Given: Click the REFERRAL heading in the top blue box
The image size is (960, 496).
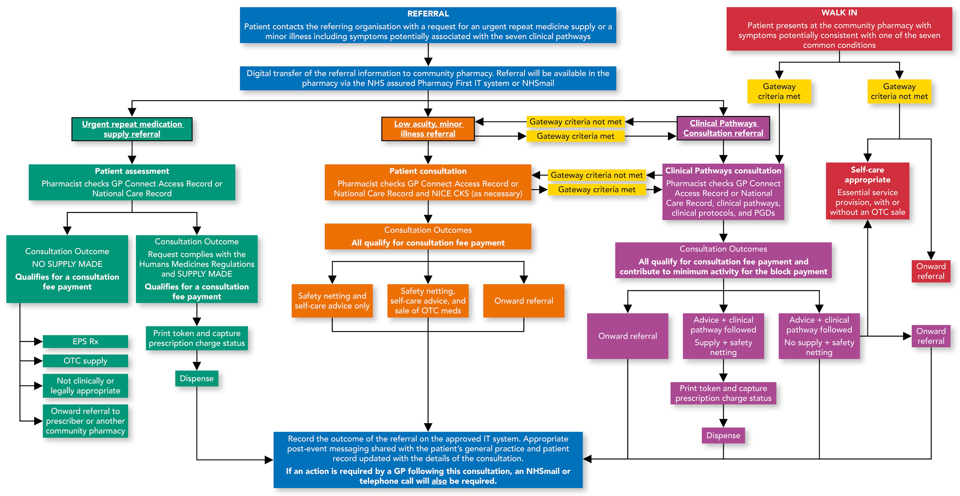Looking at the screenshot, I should tap(428, 14).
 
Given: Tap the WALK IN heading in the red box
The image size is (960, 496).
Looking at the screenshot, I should tap(839, 13).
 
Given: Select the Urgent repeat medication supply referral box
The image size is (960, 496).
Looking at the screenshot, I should tap(132, 129).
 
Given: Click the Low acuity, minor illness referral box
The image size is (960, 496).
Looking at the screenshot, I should tap(428, 129).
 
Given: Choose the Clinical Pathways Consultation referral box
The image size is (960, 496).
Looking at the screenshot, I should tap(723, 128).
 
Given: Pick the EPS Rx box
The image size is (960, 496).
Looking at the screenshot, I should tap(85, 341).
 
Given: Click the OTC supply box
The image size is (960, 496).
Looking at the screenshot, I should tap(85, 361).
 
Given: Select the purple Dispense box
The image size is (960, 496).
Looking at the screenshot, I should tap(723, 435).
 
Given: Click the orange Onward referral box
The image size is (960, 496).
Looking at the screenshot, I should tap(524, 301).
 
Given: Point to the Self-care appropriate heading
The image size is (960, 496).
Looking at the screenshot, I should tap(867, 175).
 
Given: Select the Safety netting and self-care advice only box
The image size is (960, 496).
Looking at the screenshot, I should tap(332, 301).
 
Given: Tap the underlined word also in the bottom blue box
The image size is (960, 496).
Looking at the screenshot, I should tap(439, 481).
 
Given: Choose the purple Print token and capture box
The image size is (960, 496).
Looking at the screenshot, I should tap(723, 393).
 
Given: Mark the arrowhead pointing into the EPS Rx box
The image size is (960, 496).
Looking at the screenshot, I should tap(38, 341).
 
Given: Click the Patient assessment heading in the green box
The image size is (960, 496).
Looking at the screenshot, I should tap(132, 171).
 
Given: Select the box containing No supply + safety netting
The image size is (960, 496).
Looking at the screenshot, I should tap(819, 336).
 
